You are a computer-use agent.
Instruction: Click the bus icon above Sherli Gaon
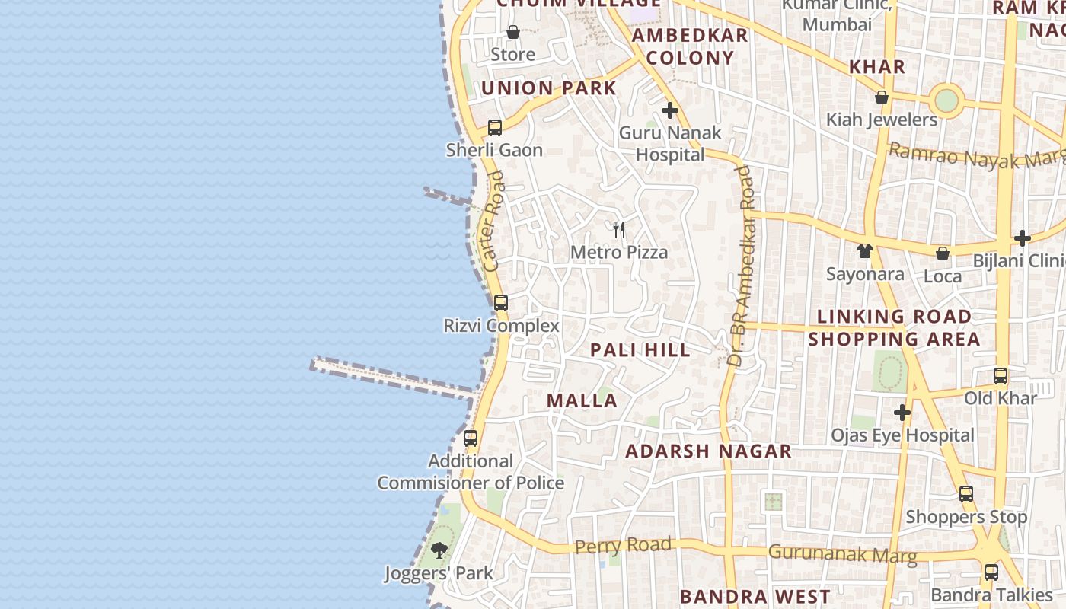(x=495, y=128)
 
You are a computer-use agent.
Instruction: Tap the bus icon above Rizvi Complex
(x=500, y=303)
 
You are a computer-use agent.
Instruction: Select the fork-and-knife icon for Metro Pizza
(x=619, y=229)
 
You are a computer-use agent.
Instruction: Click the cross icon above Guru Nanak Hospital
(x=670, y=110)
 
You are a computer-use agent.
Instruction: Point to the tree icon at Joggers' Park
(x=439, y=550)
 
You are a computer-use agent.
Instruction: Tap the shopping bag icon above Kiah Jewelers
(x=882, y=97)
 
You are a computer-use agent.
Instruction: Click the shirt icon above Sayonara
(x=864, y=251)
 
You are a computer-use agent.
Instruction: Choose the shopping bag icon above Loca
(x=943, y=253)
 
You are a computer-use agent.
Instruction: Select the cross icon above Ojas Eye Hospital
(x=902, y=413)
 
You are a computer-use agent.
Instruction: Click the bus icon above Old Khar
(x=1001, y=376)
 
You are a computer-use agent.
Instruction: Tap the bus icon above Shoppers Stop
(x=966, y=494)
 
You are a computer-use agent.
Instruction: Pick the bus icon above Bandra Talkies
(x=991, y=572)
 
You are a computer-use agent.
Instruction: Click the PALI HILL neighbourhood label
(x=640, y=350)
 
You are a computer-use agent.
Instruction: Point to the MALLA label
(x=582, y=400)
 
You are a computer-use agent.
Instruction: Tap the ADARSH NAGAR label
(x=708, y=451)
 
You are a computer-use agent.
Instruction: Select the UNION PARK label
(x=548, y=88)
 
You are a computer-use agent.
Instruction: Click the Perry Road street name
(x=623, y=546)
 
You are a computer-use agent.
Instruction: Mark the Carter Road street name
(x=494, y=222)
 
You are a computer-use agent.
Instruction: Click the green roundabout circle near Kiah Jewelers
(x=946, y=100)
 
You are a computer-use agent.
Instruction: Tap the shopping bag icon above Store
(x=513, y=33)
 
